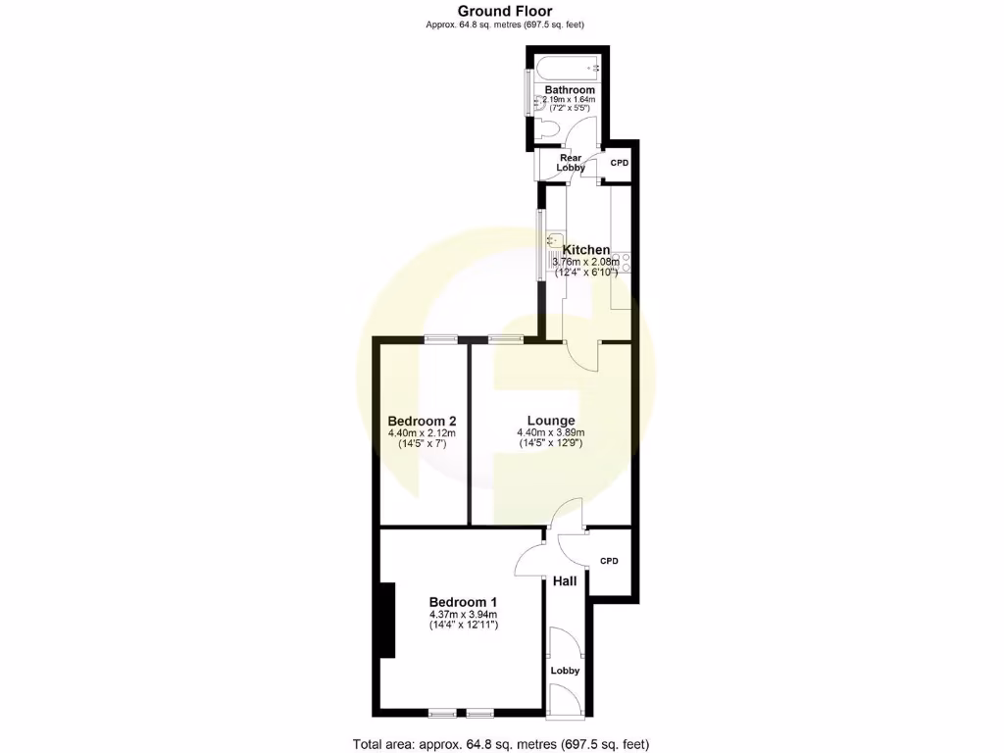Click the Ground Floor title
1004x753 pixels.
505,12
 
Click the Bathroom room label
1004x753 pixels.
570,90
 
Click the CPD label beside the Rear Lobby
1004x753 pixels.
620,163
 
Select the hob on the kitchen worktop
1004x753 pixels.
625,264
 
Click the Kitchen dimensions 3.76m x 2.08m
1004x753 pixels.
586,263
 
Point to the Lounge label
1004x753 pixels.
551,421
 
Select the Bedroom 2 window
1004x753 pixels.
441,339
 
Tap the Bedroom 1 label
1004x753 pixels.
464,602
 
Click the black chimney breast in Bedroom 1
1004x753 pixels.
387,620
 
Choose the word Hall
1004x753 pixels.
565,581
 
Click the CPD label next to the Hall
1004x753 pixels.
609,561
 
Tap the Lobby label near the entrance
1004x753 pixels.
565,671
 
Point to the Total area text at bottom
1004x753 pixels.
501,743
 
